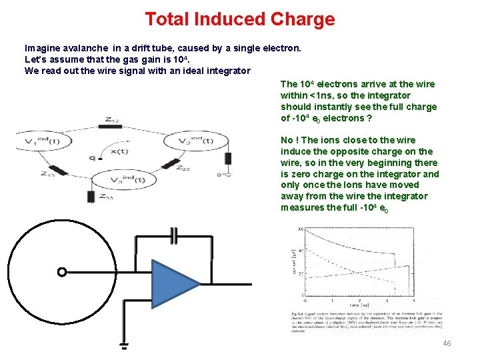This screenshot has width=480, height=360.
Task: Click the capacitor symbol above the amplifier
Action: pyautogui.click(x=174, y=236)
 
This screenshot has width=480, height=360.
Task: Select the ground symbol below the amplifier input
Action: pyautogui.click(x=123, y=346)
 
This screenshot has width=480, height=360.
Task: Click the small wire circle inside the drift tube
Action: pyautogui.click(x=61, y=272)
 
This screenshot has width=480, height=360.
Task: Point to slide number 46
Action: pyautogui.click(x=447, y=343)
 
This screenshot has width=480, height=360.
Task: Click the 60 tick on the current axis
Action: pyautogui.click(x=299, y=230)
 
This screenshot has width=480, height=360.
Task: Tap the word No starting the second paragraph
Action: pyautogui.click(x=287, y=140)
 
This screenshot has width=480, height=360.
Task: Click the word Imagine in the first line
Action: pyautogui.click(x=43, y=48)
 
